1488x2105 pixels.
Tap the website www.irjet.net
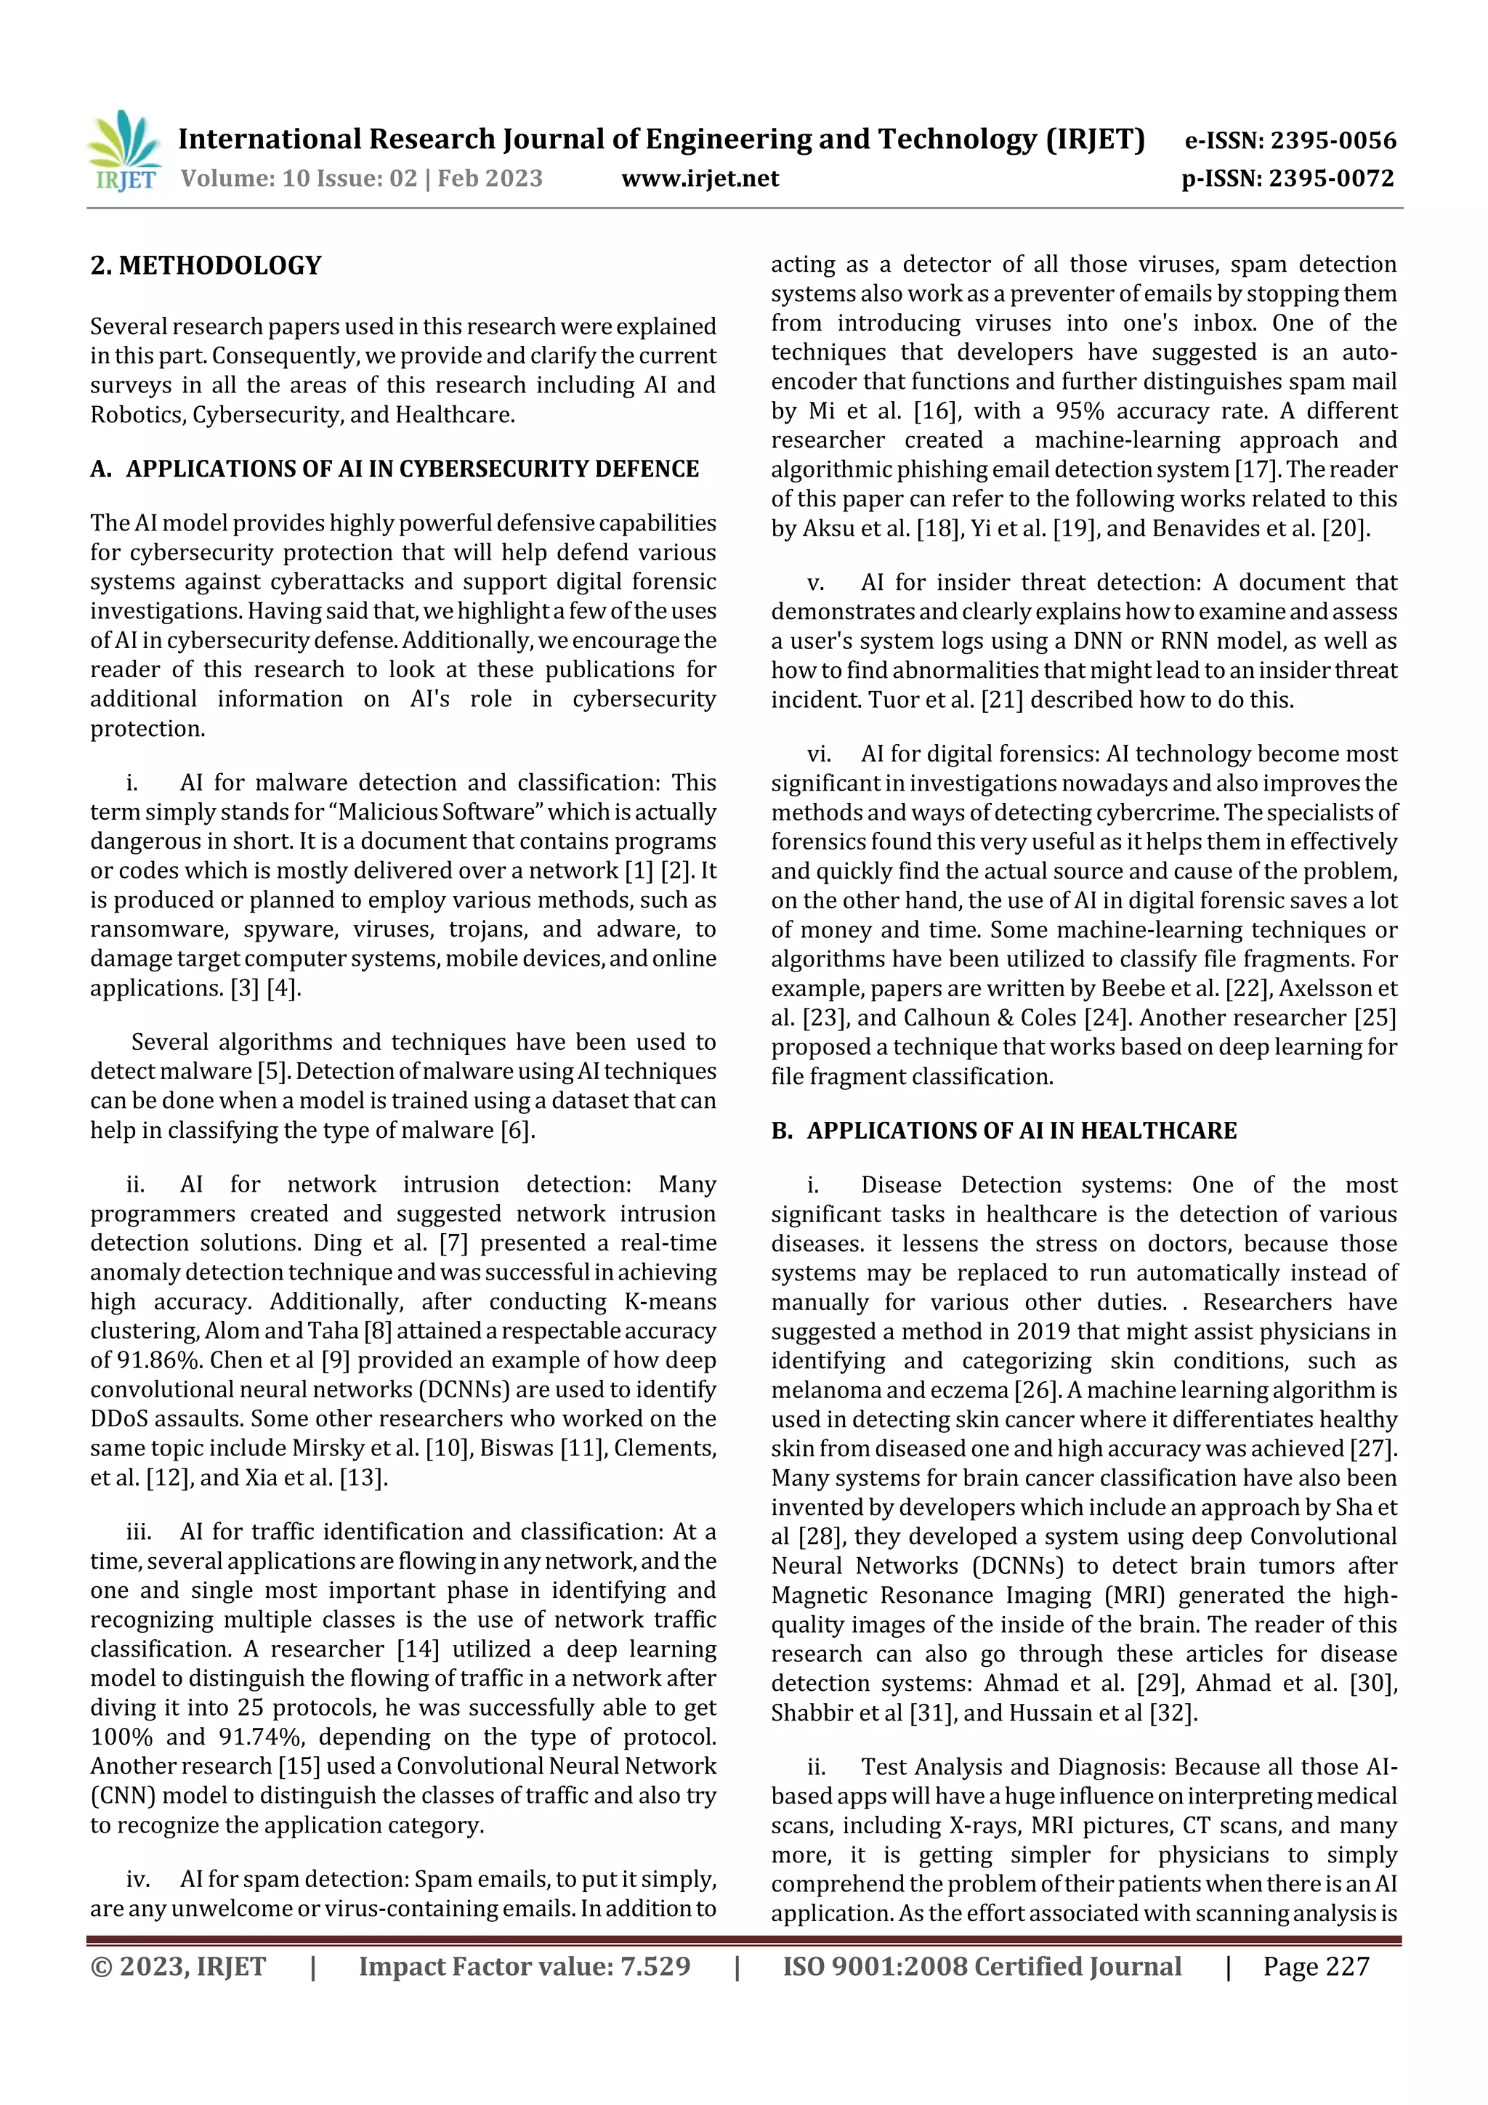tap(700, 179)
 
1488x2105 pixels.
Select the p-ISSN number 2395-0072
tap(1331, 179)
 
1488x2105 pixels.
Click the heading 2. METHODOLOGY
tap(206, 266)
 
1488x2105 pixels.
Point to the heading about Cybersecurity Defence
tap(412, 469)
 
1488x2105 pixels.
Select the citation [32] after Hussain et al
tap(1173, 1713)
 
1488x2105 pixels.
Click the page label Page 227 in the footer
tap(1316, 1966)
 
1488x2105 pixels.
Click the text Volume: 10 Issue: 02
tap(299, 179)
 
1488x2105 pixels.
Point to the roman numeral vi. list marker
tap(819, 754)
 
